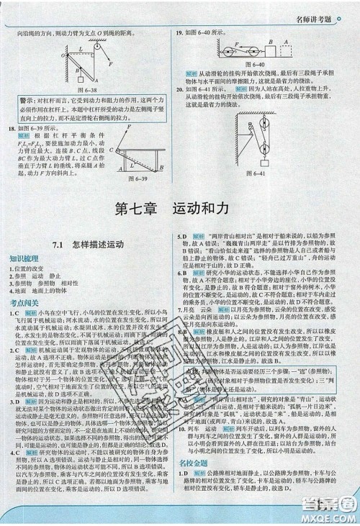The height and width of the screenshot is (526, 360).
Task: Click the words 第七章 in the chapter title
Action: coord(140,214)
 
